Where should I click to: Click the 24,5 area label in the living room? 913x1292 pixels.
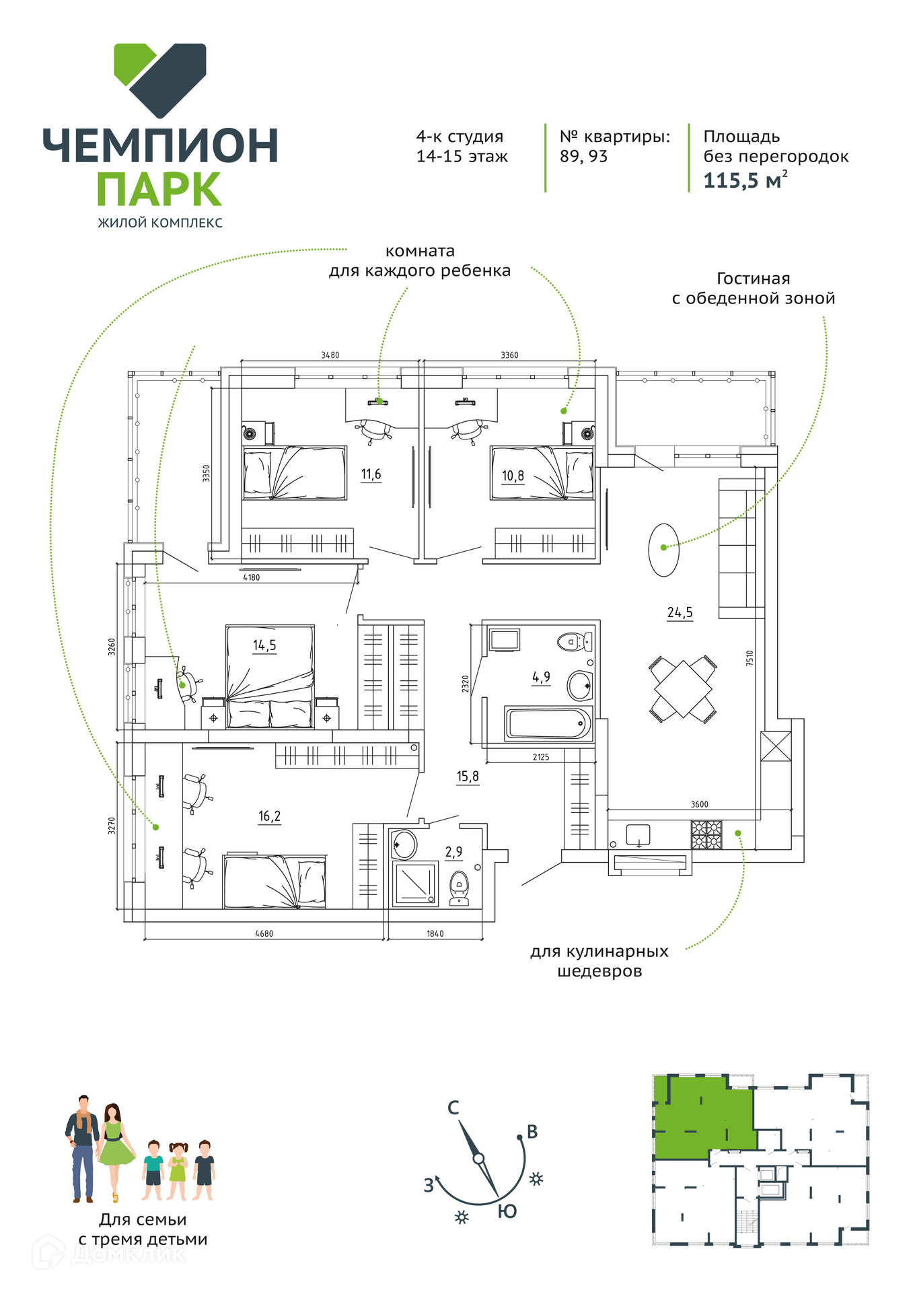(680, 612)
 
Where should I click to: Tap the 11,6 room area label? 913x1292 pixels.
(371, 474)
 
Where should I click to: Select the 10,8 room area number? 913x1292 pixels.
(513, 476)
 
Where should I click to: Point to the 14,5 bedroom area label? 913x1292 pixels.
(264, 645)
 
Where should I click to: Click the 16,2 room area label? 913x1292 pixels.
(269, 816)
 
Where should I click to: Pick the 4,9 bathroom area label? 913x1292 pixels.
(542, 677)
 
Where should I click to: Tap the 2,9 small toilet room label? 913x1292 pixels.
(453, 852)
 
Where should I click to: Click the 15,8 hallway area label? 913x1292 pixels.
(468, 777)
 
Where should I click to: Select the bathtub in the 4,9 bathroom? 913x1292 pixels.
(548, 723)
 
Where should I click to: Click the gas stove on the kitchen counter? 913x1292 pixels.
(706, 834)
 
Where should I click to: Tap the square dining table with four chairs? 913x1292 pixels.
(682, 689)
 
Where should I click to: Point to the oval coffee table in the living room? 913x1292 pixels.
(663, 550)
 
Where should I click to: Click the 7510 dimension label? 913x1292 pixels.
(750, 658)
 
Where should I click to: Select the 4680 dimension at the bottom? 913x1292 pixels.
(264, 933)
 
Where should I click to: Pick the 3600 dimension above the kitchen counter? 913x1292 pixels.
(699, 804)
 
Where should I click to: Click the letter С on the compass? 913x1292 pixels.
(453, 1108)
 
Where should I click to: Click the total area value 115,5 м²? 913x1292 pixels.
(745, 180)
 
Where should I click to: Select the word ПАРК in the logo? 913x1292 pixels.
(159, 189)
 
